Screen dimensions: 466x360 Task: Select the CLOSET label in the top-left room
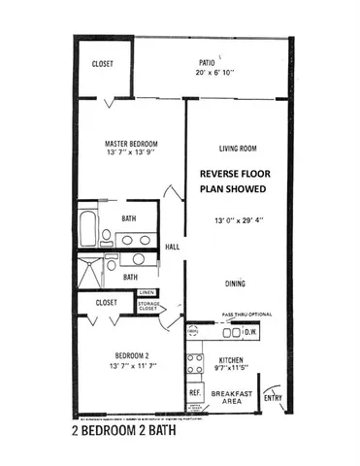click(x=103, y=64)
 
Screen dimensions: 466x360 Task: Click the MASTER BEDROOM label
click(x=131, y=143)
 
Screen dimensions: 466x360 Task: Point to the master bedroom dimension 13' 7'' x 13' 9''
click(x=131, y=153)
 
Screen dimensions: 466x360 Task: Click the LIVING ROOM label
click(x=238, y=149)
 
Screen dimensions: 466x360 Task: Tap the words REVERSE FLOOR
click(x=238, y=176)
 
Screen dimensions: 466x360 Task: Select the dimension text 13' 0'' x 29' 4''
click(x=238, y=220)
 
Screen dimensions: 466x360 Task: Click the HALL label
click(x=173, y=247)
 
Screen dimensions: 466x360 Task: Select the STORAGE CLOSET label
click(x=148, y=308)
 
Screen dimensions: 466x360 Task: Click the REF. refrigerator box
click(x=194, y=393)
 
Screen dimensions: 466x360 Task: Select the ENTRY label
click(x=274, y=397)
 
